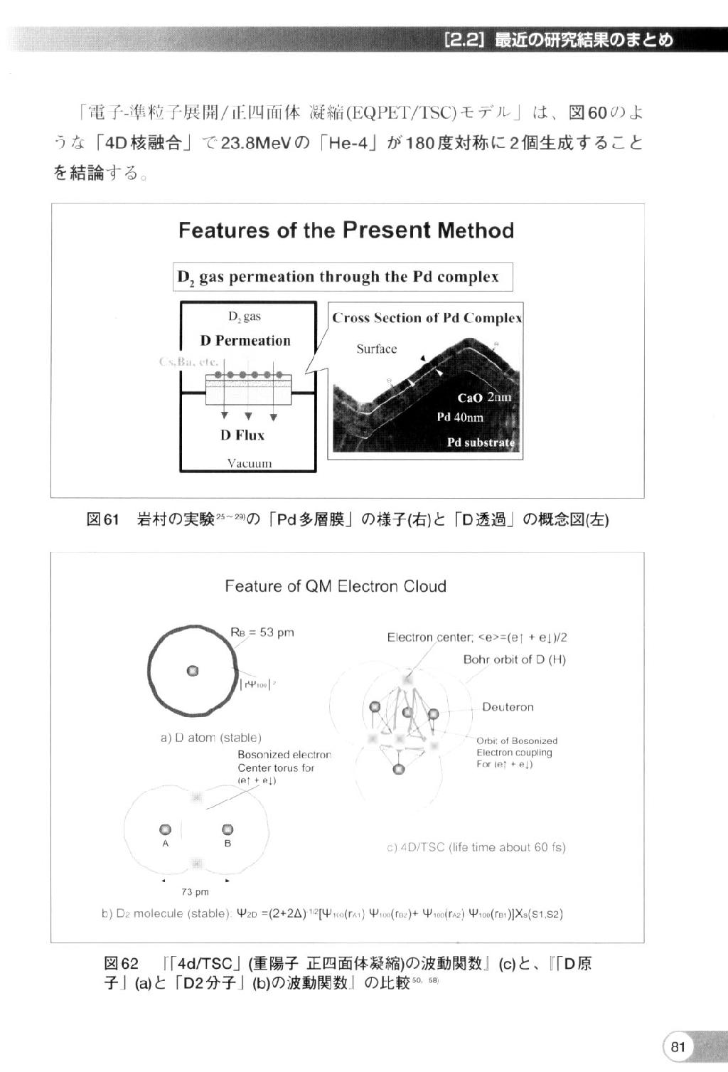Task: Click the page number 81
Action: [x=678, y=1046]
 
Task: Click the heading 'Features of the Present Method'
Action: [x=346, y=230]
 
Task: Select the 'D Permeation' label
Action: [x=245, y=341]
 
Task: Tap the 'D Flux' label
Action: [x=242, y=435]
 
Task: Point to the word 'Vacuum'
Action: [x=249, y=463]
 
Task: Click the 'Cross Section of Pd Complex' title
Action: [x=427, y=318]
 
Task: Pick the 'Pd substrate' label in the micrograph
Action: [x=480, y=442]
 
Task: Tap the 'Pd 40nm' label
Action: [x=460, y=417]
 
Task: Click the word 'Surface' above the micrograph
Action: [x=377, y=349]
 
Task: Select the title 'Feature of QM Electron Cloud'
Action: [x=336, y=586]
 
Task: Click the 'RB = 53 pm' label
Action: [x=262, y=632]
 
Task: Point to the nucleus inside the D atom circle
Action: [x=193, y=671]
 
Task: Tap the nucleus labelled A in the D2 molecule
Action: [x=166, y=829]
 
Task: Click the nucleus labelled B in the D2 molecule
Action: [x=227, y=829]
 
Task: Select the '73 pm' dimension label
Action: [x=195, y=892]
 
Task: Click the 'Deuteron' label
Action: [x=508, y=707]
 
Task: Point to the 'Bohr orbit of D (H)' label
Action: [x=515, y=659]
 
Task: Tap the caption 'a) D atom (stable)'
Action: [x=211, y=738]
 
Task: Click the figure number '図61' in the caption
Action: [x=102, y=520]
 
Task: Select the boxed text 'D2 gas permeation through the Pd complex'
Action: [x=343, y=277]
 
